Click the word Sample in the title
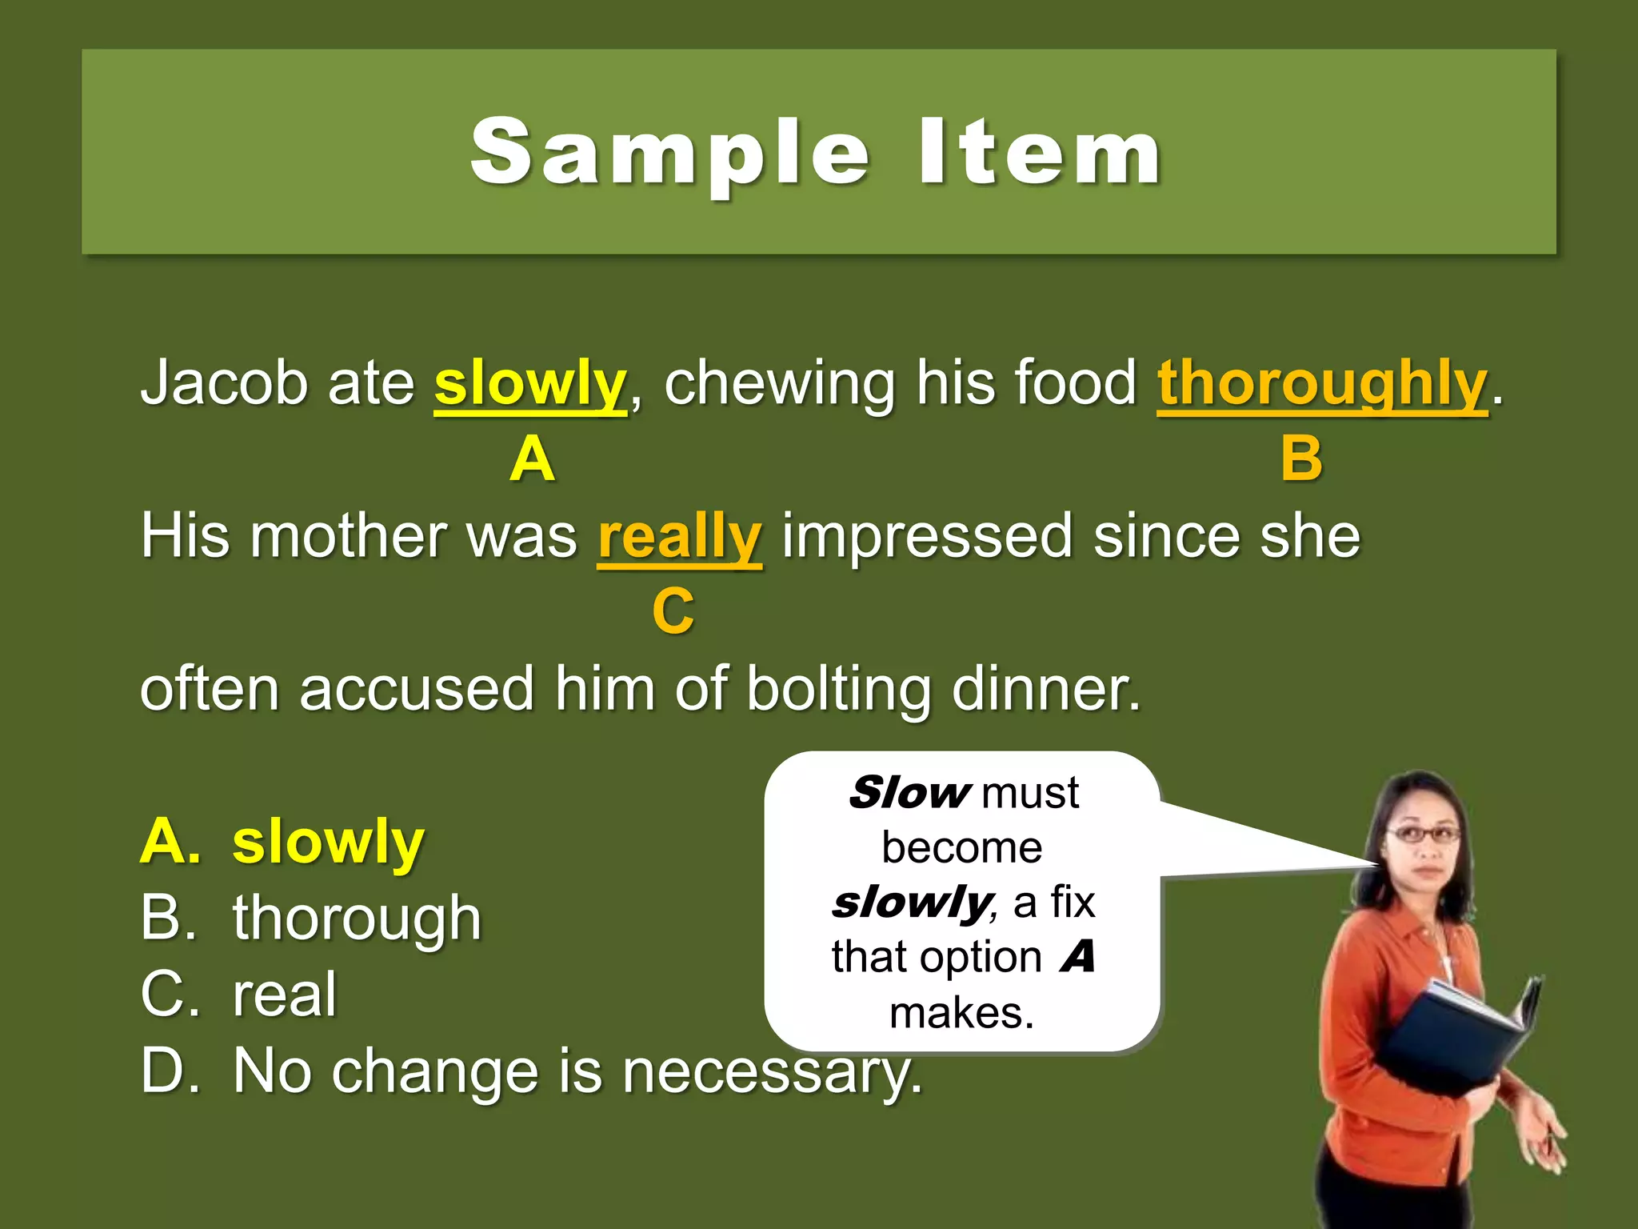[x=670, y=152]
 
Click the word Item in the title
[x=1040, y=152]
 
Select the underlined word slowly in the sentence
[x=529, y=384]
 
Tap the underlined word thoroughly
[x=1322, y=384]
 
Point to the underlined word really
[x=680, y=536]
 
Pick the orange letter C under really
[x=673, y=611]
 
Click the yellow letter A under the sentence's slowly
[x=532, y=459]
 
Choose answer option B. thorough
[x=312, y=918]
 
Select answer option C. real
[x=240, y=995]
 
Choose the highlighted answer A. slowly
[x=283, y=842]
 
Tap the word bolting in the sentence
[x=838, y=688]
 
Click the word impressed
[x=926, y=536]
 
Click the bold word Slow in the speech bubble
[x=909, y=792]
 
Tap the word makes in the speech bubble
[x=961, y=1013]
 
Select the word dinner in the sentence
[x=1045, y=688]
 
